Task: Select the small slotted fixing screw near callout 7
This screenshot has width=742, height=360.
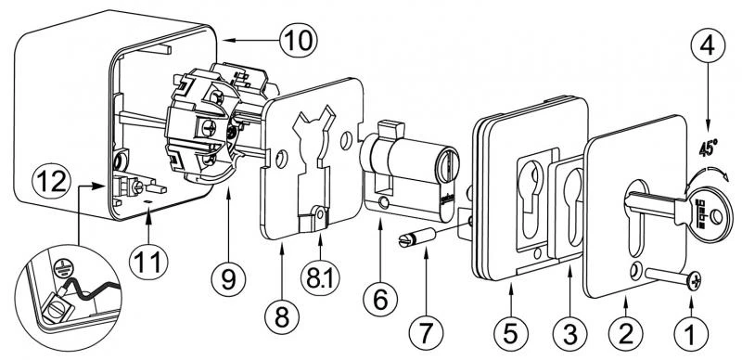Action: tap(407, 239)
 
